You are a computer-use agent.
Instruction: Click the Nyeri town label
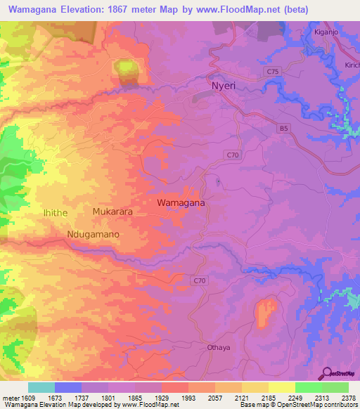(x=225, y=86)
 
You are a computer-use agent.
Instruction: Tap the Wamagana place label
(x=181, y=202)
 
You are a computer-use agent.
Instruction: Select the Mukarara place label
(x=112, y=211)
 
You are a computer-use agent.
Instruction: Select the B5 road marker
(x=283, y=128)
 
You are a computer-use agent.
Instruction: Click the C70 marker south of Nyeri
(x=233, y=153)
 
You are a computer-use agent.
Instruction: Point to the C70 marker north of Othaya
(x=200, y=280)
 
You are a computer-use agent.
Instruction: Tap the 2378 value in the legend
(x=345, y=398)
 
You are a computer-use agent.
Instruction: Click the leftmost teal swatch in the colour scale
(x=41, y=387)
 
